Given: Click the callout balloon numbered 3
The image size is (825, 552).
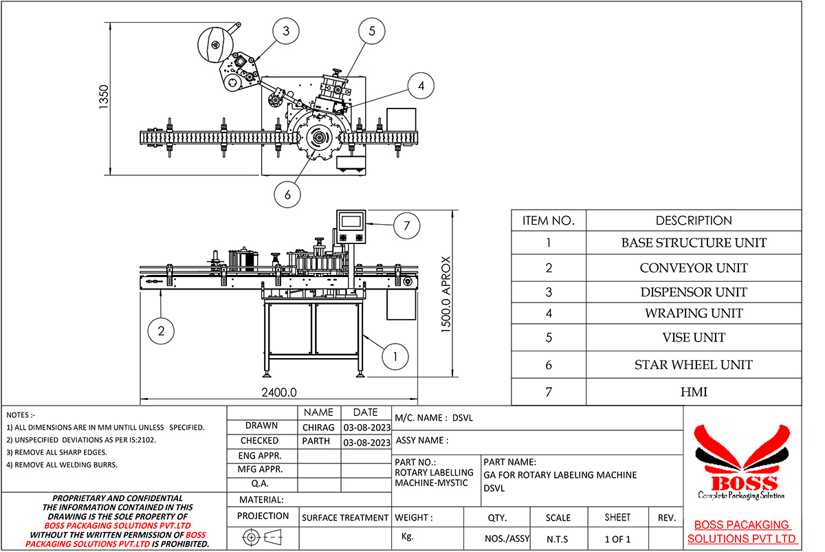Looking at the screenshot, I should tap(285, 31).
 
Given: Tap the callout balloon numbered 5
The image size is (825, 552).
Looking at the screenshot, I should tap(372, 31).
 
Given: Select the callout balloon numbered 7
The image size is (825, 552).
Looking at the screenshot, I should tap(406, 224).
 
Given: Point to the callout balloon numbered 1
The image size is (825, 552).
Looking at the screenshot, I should tap(395, 356).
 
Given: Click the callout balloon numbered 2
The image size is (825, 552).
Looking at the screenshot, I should tap(161, 331).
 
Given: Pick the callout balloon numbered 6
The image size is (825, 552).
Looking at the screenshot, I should tap(287, 195).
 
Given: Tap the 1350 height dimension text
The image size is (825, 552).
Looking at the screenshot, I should tap(104, 97).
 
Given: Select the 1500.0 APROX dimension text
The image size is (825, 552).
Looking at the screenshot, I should tap(446, 295).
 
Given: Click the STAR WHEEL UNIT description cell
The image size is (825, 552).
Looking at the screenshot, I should tap(693, 365).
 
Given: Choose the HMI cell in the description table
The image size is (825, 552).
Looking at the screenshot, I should tap(693, 392).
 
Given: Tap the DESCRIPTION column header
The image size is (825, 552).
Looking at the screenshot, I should tap(693, 221).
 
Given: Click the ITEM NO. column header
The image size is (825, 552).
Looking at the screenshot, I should tap(548, 221).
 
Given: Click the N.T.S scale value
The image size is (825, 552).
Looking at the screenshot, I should tap(558, 539).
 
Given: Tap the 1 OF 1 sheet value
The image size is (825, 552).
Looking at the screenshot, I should tap(617, 539).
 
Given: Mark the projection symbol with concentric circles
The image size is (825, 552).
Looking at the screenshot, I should tap(252, 537).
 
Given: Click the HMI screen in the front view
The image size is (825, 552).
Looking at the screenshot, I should tap(351, 221).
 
